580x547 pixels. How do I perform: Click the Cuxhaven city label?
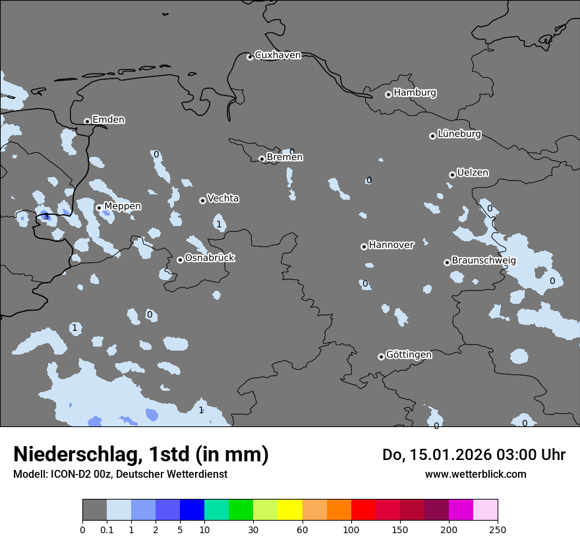pos(277,55)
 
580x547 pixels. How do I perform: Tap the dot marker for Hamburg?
pos(388,94)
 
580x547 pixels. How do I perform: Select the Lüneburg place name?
pos(459,134)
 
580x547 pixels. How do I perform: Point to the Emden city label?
pos(108,119)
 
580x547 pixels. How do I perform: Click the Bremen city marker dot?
pos(262,159)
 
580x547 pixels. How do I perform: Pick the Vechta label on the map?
pos(223,198)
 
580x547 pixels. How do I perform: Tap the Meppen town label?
pos(123,206)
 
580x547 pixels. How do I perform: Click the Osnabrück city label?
pos(210,258)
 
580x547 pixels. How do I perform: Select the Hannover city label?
pos(391,245)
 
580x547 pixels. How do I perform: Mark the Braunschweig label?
pos(484,260)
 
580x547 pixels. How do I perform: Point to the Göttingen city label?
pos(409,355)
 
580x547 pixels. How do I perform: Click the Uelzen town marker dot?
pos(452,175)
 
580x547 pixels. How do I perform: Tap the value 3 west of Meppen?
pos(45,217)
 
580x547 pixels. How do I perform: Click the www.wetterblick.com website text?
pos(475,474)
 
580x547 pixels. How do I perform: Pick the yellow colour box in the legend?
pos(290,510)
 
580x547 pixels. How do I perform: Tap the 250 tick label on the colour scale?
pos(498,529)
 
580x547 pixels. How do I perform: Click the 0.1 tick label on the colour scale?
pos(107,529)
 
